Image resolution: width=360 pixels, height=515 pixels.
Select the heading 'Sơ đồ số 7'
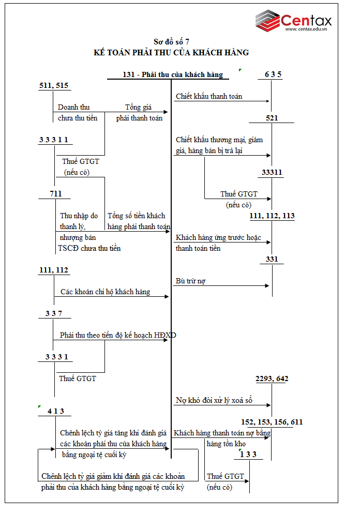(175, 42)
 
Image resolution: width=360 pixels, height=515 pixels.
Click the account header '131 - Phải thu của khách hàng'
(173, 74)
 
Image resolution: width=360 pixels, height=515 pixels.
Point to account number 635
(273, 74)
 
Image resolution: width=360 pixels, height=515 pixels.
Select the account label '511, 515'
(54, 85)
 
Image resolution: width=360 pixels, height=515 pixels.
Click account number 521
(272, 118)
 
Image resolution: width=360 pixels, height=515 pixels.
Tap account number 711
(56, 194)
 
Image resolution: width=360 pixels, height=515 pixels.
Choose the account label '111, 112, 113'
(272, 216)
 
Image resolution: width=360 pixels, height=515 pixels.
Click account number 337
(54, 313)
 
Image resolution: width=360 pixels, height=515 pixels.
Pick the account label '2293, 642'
(272, 379)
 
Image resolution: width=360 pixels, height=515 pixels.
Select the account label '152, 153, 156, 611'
(272, 422)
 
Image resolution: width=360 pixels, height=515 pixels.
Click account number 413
(55, 411)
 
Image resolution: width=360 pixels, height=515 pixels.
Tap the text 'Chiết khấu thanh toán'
(209, 96)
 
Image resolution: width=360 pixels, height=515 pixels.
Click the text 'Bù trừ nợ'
(191, 281)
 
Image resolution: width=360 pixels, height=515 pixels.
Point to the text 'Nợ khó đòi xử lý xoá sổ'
(213, 400)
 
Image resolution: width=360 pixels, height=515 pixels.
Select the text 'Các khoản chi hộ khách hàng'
(105, 292)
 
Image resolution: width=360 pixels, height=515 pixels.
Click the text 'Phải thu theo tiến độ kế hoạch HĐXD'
(118, 335)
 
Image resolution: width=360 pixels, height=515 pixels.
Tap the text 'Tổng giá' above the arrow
(138, 107)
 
